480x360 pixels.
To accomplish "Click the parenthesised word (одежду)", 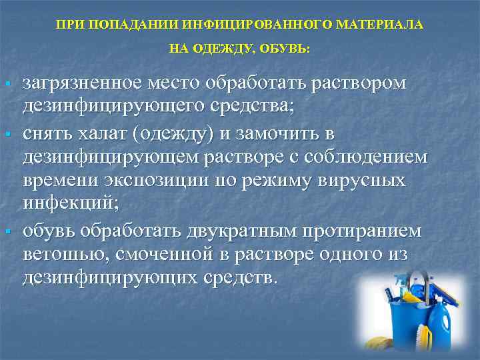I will (x=173, y=134).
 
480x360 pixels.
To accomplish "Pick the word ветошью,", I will (x=64, y=255).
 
